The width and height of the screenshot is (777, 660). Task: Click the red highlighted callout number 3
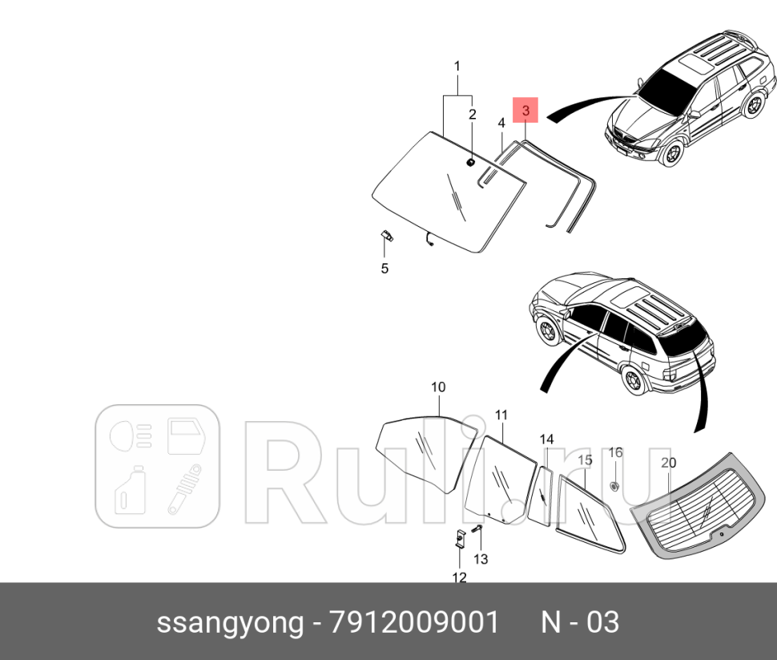tap(525, 109)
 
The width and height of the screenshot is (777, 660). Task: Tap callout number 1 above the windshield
tap(457, 65)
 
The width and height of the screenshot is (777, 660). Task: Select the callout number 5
tap(384, 269)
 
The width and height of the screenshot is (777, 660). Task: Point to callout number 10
tap(438, 387)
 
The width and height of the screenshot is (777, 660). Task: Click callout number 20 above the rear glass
tap(668, 463)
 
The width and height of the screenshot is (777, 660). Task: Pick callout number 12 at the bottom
tap(459, 577)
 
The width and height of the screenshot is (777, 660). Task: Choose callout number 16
tap(614, 452)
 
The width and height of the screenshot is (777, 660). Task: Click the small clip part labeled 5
tap(385, 236)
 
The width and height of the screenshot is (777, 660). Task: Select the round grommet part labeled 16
tap(614, 486)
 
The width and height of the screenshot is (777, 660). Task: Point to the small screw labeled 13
tap(476, 530)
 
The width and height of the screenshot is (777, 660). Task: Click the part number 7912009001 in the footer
tap(414, 622)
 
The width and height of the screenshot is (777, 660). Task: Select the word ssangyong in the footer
tap(229, 622)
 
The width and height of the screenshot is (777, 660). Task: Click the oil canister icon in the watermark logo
tap(129, 490)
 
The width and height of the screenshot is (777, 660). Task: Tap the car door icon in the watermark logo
tap(186, 436)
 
